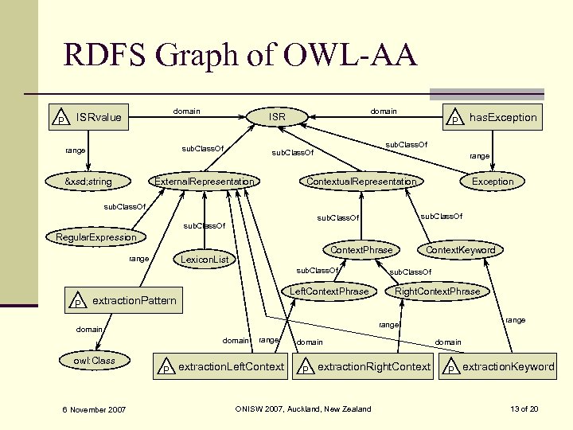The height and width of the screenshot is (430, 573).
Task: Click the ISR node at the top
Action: coord(277,118)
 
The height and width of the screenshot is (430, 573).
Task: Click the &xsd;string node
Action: coord(88,182)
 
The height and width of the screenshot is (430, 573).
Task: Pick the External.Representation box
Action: coord(205,182)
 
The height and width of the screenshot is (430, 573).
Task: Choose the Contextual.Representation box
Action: coord(361,182)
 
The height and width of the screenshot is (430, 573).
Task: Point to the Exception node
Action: coord(493,182)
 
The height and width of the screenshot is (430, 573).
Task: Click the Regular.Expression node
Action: coord(96,237)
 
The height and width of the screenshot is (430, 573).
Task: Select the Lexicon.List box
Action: coord(205,259)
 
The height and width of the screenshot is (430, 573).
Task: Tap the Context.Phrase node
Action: coord(361,250)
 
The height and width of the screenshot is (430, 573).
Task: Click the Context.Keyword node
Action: coord(461,250)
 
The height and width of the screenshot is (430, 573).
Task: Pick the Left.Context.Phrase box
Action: coord(329,291)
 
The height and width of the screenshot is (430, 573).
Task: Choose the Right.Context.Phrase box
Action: coord(438,291)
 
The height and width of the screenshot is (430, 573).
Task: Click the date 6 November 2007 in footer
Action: coord(94,409)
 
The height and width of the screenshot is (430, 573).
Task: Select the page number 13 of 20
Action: coord(524,409)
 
